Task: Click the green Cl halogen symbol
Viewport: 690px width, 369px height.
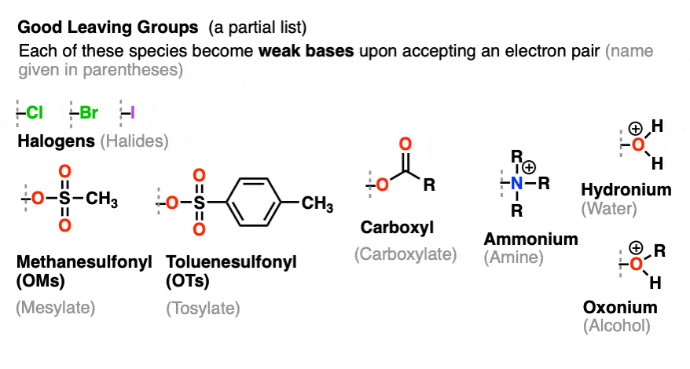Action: pos(35,112)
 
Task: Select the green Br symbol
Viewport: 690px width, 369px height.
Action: pos(89,112)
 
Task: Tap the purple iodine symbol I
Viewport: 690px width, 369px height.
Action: pos(133,112)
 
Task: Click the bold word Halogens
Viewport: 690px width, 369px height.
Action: pos(57,141)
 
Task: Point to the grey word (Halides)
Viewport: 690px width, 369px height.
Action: pos(134,141)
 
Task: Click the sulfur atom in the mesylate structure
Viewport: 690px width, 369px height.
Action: pos(64,199)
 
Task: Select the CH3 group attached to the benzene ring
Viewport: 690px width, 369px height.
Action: pos(317,204)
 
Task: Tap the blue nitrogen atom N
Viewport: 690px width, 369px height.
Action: pos(517,183)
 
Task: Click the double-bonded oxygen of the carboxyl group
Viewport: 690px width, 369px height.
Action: pos(405,144)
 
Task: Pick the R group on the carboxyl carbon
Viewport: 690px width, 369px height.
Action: pos(429,184)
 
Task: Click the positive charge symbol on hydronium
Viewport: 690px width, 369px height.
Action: pos(636,129)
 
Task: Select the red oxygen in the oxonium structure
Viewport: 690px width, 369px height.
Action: pos(636,264)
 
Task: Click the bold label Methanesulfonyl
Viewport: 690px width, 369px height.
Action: pos(84,262)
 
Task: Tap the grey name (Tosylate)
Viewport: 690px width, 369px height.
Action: pos(203,309)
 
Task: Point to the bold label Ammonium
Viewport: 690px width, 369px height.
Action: pos(530,239)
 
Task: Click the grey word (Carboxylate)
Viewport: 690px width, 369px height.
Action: pos(406,254)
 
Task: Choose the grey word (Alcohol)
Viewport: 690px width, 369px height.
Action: pos(616,326)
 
